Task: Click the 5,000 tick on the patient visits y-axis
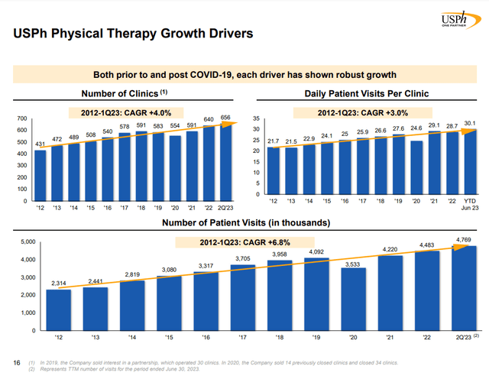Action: (27, 242)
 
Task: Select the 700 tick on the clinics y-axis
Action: (22, 119)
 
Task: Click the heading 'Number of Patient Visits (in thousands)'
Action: (244, 223)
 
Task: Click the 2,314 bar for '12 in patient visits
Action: (57, 309)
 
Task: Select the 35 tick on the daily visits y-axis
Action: (257, 119)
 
